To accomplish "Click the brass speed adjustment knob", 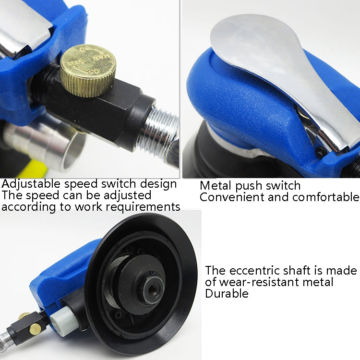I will (x=87, y=71).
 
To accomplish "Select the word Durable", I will (x=227, y=294).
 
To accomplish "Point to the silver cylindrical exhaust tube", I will (x=43, y=144).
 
